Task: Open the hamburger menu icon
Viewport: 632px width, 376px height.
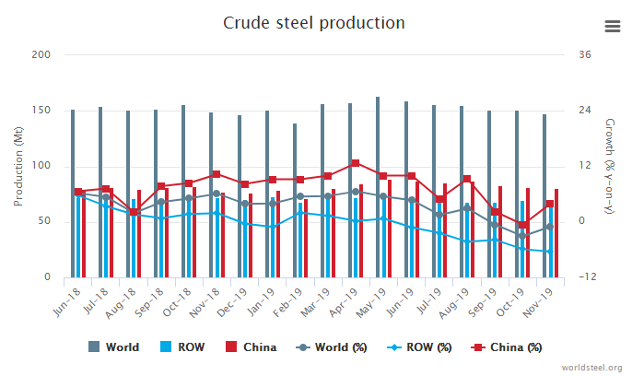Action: point(613,26)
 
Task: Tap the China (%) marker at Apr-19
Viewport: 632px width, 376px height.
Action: point(355,163)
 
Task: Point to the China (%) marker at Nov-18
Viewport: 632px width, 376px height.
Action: point(216,174)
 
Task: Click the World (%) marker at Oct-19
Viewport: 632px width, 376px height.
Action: point(522,236)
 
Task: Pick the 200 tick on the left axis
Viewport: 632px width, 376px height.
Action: point(41,54)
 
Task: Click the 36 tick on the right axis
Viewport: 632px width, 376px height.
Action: point(584,54)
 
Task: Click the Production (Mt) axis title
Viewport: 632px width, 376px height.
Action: point(16,166)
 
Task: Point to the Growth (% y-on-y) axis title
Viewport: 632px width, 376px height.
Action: point(609,166)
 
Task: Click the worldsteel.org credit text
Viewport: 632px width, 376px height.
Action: point(591,366)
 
